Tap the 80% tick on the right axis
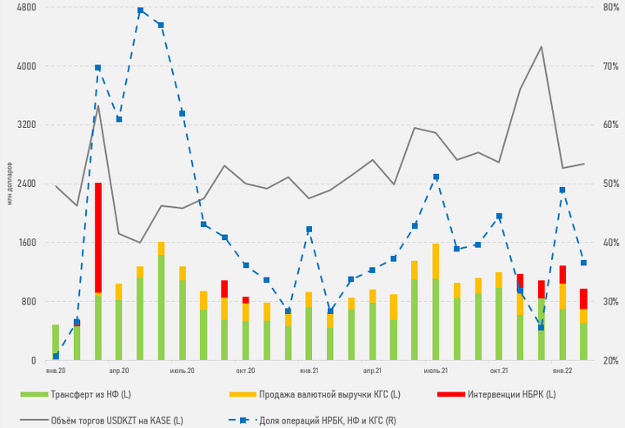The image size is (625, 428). pyautogui.click(x=608, y=7)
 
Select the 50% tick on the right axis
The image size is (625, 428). pyautogui.click(x=608, y=184)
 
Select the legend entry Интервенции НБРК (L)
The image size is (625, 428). pyautogui.click(x=510, y=395)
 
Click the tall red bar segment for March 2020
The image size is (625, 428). pyautogui.click(x=98, y=237)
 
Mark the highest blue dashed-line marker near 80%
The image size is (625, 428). pyautogui.click(x=141, y=10)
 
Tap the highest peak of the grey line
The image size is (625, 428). pyautogui.click(x=541, y=47)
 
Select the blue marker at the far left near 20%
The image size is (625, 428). pyautogui.click(x=56, y=356)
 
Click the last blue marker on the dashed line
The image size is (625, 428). pyautogui.click(x=583, y=263)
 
